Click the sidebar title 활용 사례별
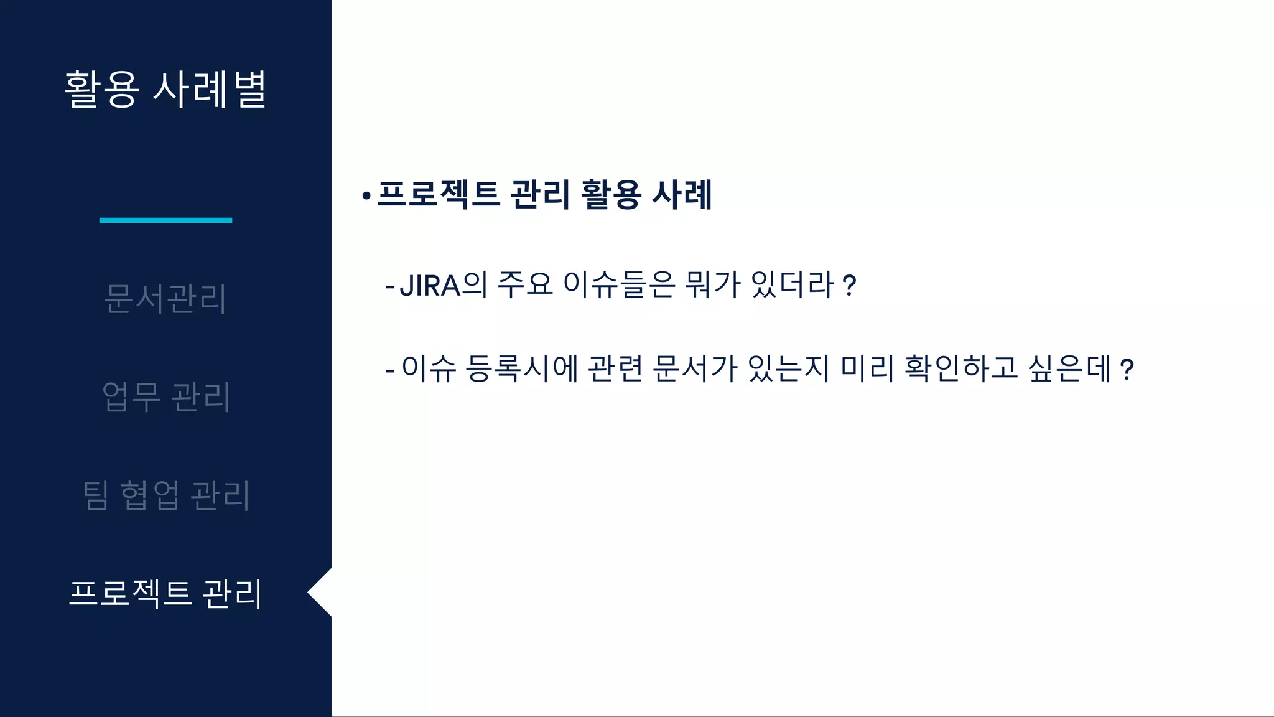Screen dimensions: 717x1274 point(165,90)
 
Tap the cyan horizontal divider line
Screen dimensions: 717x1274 point(165,220)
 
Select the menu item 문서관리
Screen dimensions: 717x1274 point(165,298)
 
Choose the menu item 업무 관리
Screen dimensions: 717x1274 point(165,396)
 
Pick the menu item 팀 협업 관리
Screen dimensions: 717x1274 point(165,495)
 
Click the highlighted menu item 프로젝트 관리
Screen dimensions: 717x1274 point(165,593)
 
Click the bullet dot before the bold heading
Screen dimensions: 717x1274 point(366,197)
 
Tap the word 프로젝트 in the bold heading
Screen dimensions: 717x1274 point(439,194)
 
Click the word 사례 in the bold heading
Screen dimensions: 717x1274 point(682,194)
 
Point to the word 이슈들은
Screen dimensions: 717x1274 point(619,286)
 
